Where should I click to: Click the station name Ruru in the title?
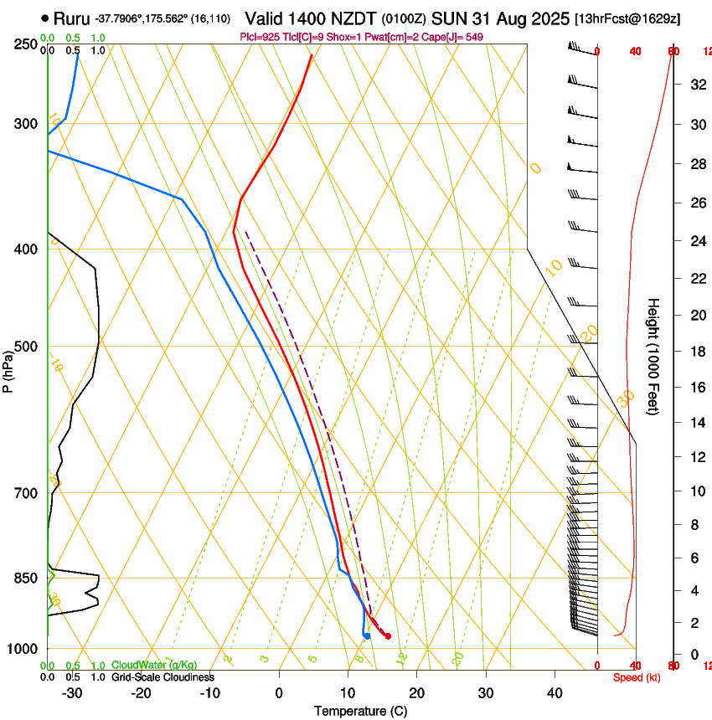[x=71, y=18]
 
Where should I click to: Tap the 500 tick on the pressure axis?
[x=25, y=347]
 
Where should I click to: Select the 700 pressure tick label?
[x=25, y=493]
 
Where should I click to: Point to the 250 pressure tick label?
[x=25, y=44]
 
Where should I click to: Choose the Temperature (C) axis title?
[x=360, y=711]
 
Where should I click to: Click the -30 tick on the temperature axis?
[x=72, y=693]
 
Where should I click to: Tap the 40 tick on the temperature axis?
[x=555, y=693]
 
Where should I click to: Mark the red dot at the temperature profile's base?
[x=388, y=636]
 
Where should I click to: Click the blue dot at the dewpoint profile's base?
[x=367, y=636]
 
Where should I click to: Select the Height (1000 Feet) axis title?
[x=654, y=357]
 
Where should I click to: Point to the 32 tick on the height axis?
[x=696, y=85]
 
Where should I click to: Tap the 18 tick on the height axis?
[x=696, y=351]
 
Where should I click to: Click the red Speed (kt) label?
[x=637, y=677]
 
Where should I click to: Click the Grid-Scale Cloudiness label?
[x=163, y=677]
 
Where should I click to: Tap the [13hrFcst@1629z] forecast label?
[x=638, y=18]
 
